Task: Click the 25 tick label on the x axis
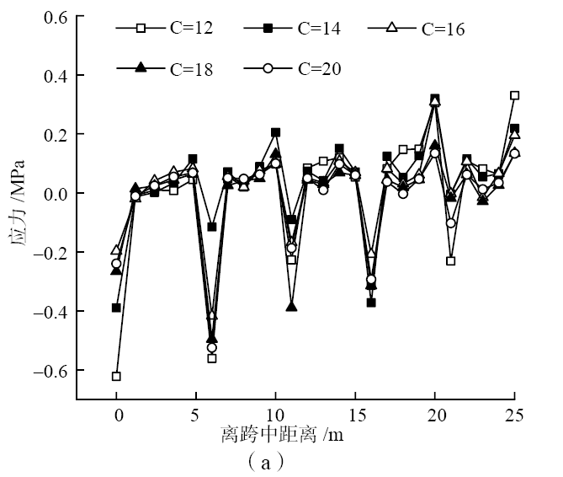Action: pos(513,415)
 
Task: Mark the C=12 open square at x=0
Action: pos(116,376)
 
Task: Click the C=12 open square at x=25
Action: pos(514,96)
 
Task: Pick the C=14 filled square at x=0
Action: pos(116,308)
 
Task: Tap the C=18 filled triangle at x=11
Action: pos(291,306)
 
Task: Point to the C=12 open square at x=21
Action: pos(450,261)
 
